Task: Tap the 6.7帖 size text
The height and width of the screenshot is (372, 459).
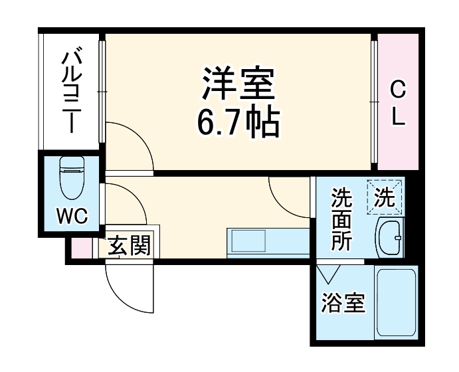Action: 237,122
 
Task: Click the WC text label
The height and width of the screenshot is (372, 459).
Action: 71,216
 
